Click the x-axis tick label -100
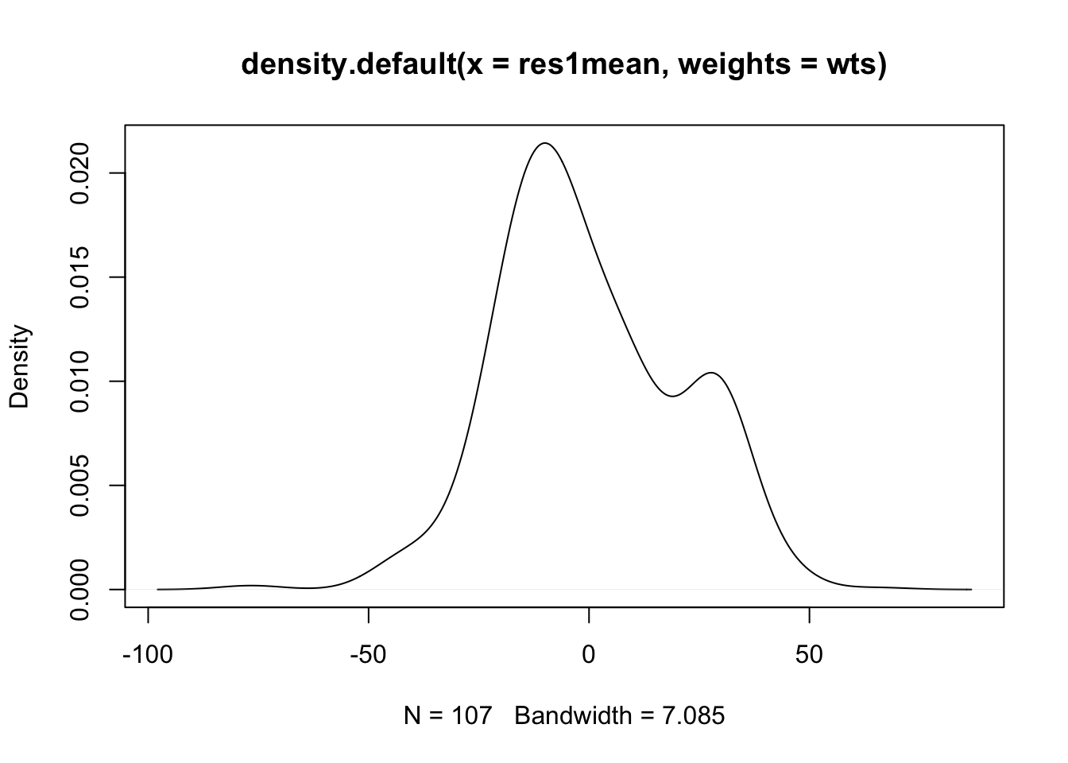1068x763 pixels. point(148,656)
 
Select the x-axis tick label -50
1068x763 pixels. point(368,656)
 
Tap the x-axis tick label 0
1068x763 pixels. point(589,656)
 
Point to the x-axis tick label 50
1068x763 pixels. point(809,656)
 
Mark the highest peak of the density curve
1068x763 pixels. point(544,143)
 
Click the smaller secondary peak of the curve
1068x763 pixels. point(711,373)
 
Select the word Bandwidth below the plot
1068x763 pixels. point(572,716)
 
